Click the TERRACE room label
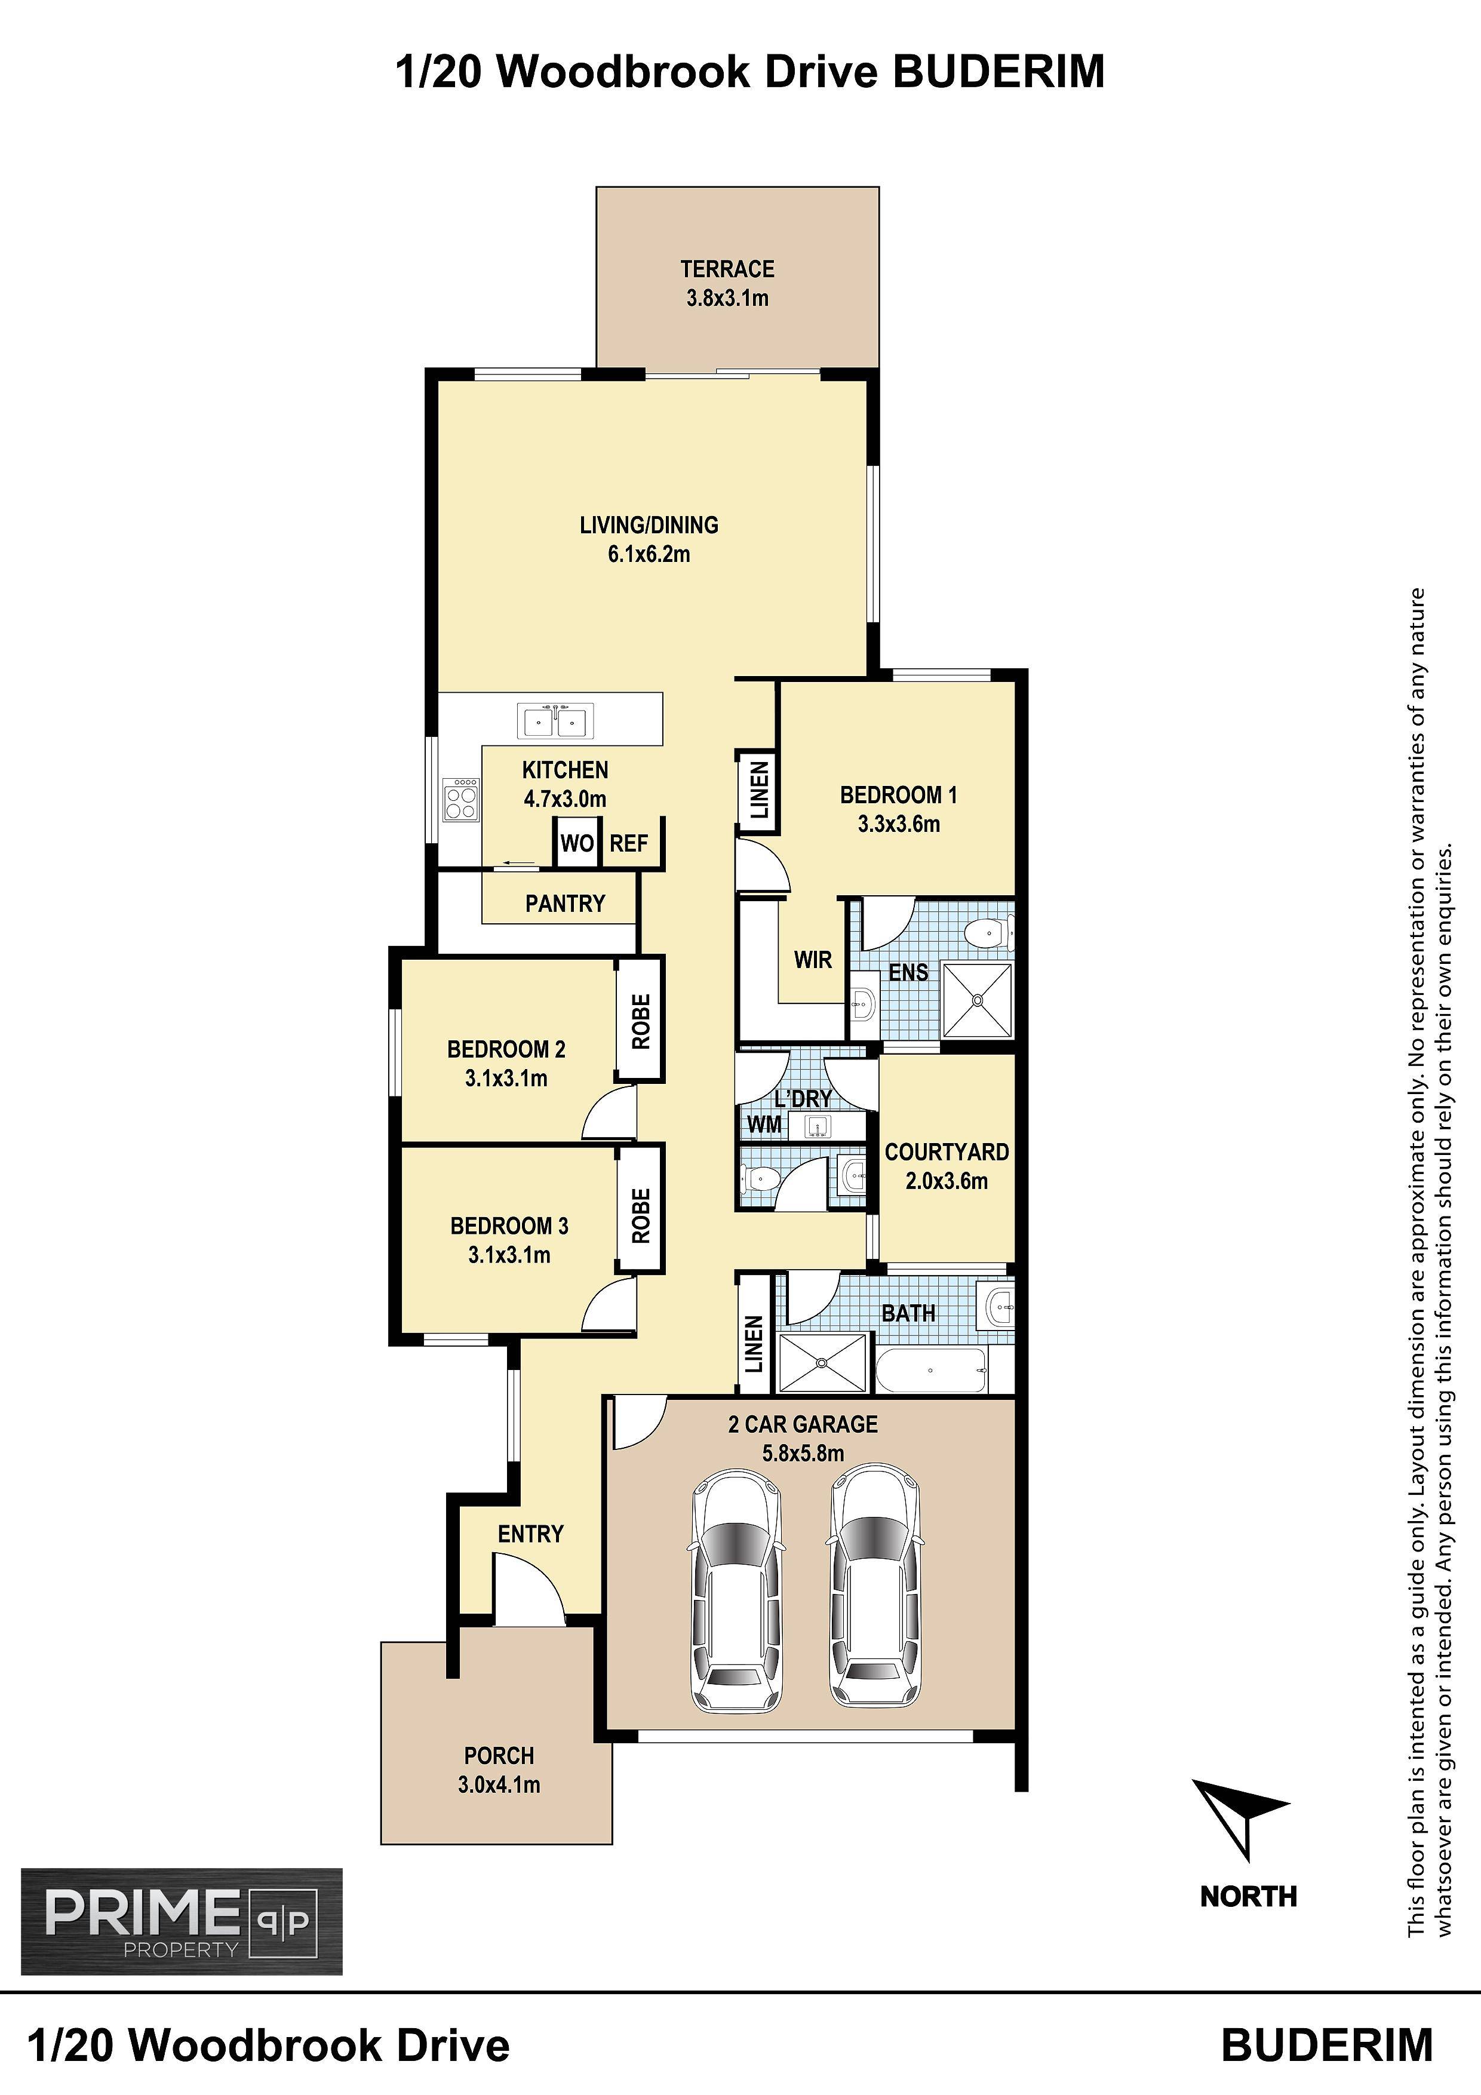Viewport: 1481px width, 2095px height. click(727, 269)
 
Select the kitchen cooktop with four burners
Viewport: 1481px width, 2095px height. click(461, 800)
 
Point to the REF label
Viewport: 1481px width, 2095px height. click(629, 843)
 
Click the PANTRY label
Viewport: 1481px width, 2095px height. click(565, 904)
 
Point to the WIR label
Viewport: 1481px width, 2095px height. click(813, 959)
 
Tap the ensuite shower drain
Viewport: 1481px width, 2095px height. click(978, 1001)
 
